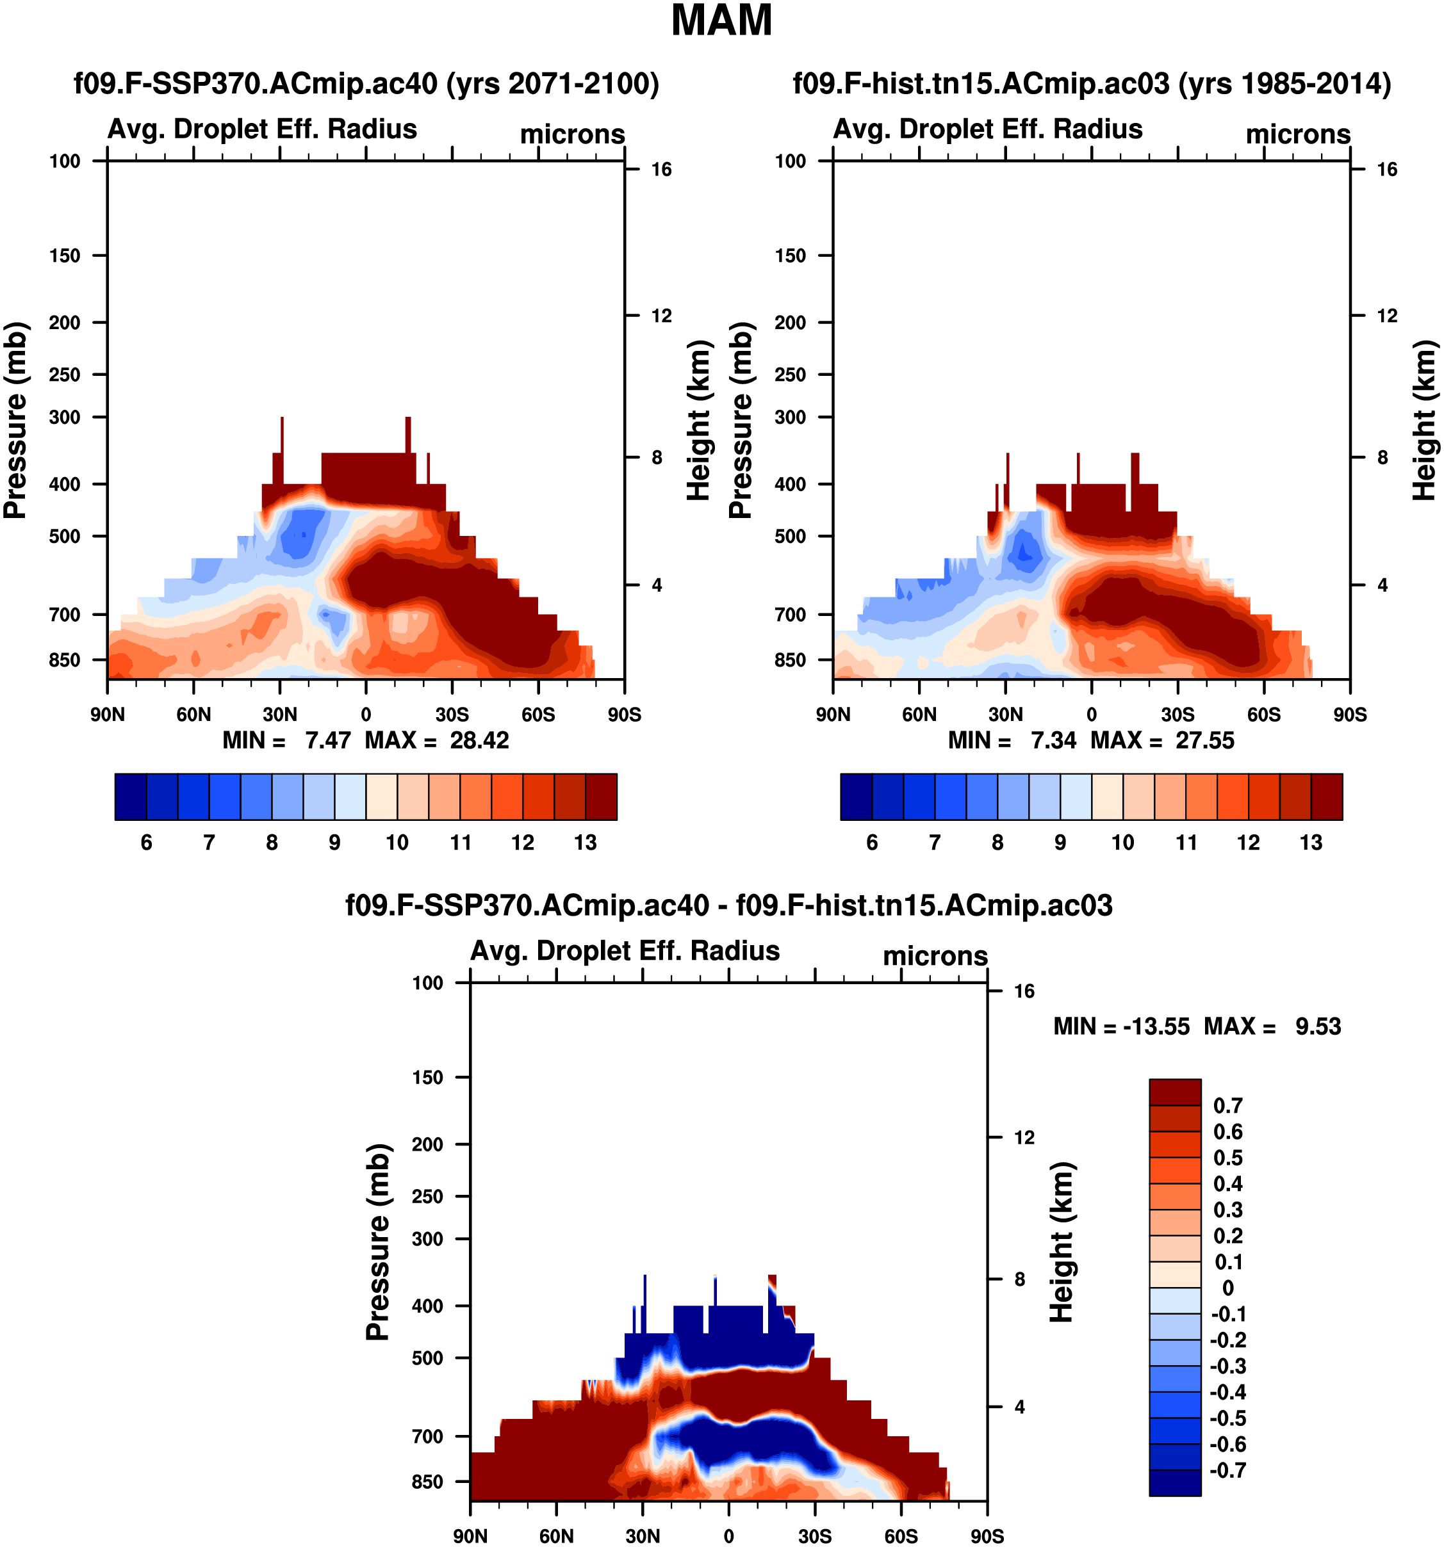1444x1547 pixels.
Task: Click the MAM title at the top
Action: [721, 21]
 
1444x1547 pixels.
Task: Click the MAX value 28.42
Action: [479, 740]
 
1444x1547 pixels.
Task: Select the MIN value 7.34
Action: [1053, 740]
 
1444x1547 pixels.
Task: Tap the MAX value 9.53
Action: [1318, 1026]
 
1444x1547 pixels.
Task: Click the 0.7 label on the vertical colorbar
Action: [1227, 1106]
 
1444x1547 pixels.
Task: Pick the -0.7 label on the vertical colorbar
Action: [1227, 1470]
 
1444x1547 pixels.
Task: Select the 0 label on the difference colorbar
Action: [1227, 1288]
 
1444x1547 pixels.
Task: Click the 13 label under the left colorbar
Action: [586, 843]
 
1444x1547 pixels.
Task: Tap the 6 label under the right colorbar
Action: [872, 843]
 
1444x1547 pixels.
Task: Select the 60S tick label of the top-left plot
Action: [538, 715]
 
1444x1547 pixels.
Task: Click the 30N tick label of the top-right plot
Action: [1006, 715]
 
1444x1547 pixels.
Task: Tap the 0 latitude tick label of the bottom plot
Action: [728, 1536]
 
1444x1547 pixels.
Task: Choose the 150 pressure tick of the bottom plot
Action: [427, 1077]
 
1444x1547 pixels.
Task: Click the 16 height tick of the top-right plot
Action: [1386, 170]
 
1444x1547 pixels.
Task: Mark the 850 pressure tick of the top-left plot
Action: [65, 660]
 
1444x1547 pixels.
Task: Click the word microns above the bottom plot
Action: [935, 955]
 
